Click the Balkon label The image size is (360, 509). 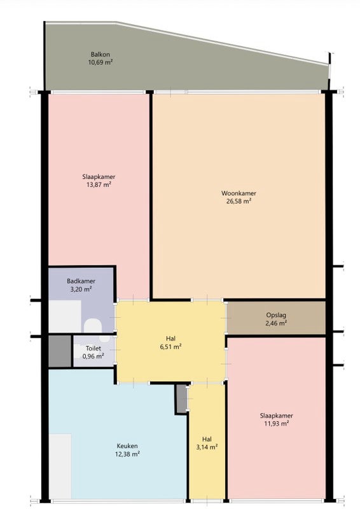point(100,55)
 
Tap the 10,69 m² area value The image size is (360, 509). point(100,62)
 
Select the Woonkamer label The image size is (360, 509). point(239,193)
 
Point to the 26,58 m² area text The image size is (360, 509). point(239,201)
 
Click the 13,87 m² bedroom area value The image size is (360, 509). point(99,185)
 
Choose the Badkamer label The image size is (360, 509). point(81,281)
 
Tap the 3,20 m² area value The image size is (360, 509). point(81,289)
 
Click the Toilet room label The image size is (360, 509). point(93,348)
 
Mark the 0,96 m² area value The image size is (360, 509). point(93,356)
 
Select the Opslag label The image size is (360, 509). point(276,315)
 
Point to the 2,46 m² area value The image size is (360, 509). point(276,323)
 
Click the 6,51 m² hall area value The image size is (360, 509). point(170,347)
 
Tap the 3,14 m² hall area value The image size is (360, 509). point(207,447)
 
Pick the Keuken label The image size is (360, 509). point(127,447)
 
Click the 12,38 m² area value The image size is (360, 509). point(127,454)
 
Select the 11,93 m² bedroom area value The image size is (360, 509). point(276,424)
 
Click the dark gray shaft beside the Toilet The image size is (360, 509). point(60,351)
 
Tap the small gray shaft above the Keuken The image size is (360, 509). point(182,399)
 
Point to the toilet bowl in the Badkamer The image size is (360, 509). point(93,325)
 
